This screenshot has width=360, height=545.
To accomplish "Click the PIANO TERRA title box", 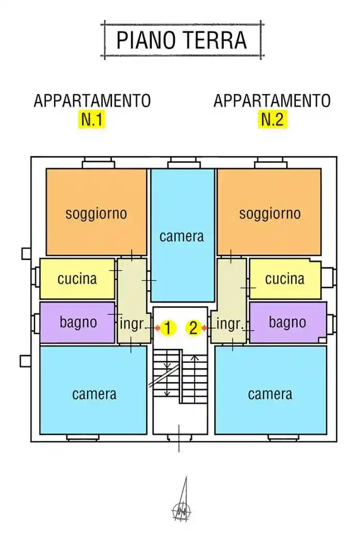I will (x=182, y=40).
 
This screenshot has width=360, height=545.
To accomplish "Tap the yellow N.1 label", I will (x=92, y=119).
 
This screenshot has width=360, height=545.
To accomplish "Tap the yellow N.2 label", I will (x=272, y=119).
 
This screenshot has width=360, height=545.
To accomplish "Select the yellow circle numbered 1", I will (x=168, y=328).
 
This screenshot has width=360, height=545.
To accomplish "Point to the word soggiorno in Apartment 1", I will (x=96, y=213).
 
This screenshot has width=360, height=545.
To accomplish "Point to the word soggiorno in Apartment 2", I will (x=270, y=213).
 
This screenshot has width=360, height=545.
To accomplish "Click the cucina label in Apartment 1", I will (x=77, y=279).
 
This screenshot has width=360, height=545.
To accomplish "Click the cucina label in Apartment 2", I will (x=285, y=279).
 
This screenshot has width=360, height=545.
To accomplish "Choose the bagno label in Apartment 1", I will (x=78, y=322).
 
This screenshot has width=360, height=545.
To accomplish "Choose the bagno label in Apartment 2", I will (x=287, y=322).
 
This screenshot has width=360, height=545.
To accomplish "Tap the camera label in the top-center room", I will (x=182, y=237).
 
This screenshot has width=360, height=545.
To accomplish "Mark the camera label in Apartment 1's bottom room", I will (x=94, y=394).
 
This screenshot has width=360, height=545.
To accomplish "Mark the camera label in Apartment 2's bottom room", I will (x=270, y=394).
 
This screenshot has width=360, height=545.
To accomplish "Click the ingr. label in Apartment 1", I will (x=132, y=325).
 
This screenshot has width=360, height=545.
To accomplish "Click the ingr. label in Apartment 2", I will (x=229, y=325).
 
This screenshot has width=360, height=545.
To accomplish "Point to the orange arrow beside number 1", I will (x=156, y=328).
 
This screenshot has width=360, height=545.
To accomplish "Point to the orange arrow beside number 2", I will (x=204, y=328).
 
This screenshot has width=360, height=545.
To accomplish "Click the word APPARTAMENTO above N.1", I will (x=92, y=101).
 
